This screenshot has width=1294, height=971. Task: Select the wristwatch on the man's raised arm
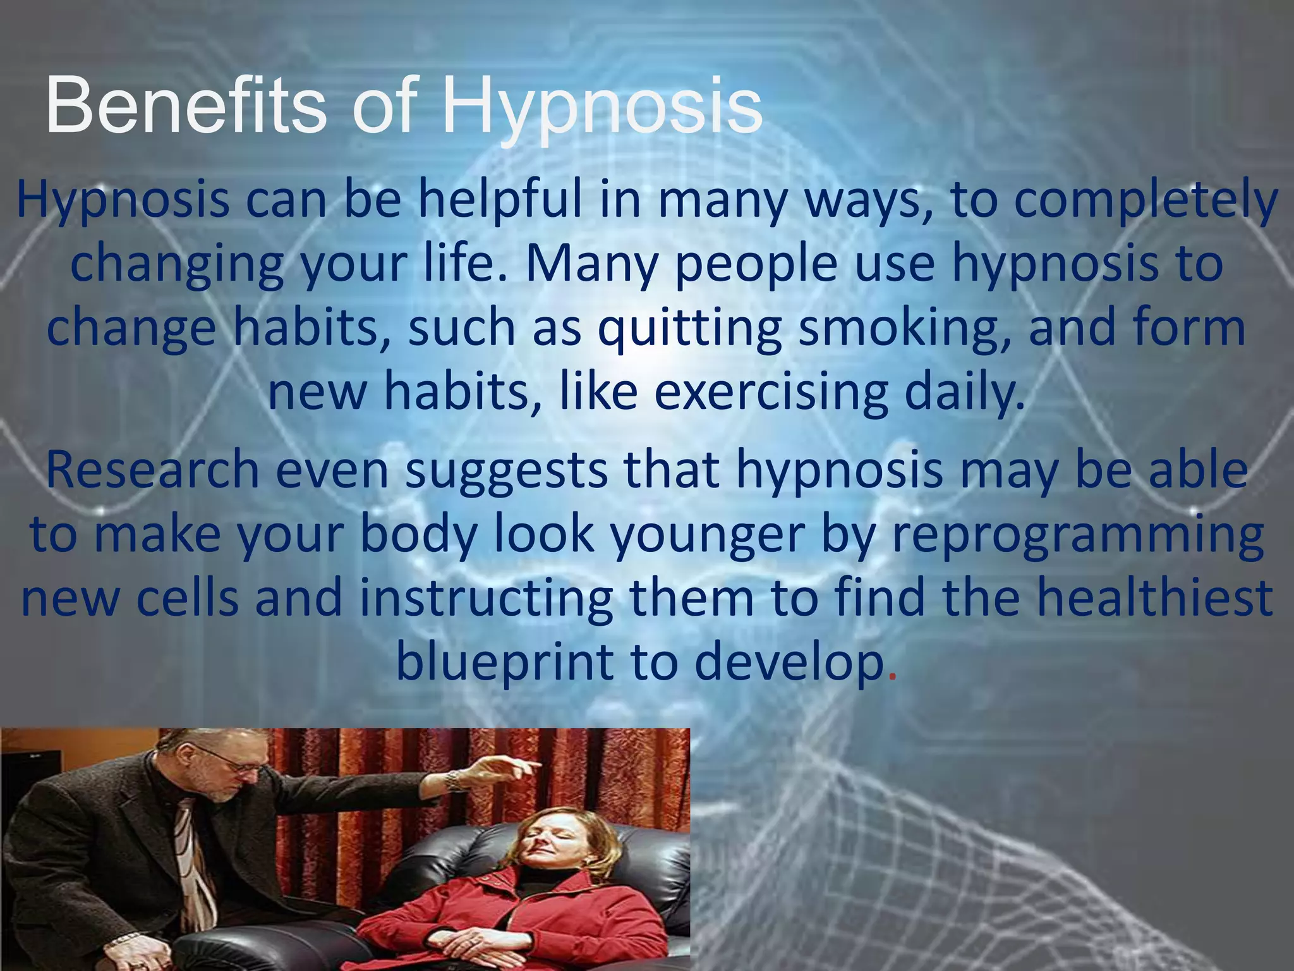453,782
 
